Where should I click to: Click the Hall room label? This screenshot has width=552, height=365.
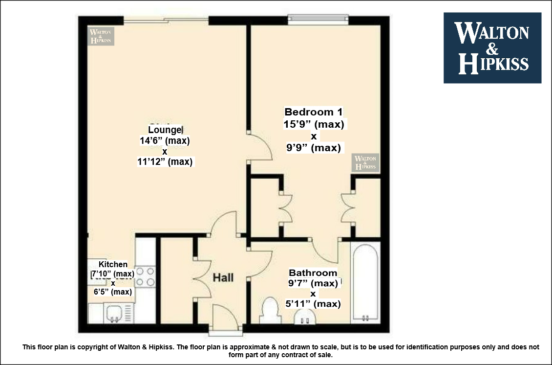click(x=223, y=277)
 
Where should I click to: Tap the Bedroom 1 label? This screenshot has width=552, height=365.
click(x=313, y=112)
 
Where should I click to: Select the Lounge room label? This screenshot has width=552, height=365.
click(x=165, y=130)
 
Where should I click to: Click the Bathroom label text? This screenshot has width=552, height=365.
click(x=313, y=273)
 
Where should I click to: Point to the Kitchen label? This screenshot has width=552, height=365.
click(x=113, y=264)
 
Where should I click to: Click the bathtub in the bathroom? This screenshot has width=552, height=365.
click(x=365, y=282)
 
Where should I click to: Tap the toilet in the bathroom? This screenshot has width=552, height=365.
click(x=270, y=310)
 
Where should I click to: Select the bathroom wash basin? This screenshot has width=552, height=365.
click(x=305, y=317)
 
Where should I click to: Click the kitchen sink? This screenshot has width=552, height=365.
click(x=114, y=313)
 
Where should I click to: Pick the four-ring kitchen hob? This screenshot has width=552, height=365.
click(x=146, y=277)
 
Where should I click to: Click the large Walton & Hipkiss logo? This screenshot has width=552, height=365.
click(x=492, y=48)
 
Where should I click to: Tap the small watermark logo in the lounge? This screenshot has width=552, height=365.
click(x=101, y=36)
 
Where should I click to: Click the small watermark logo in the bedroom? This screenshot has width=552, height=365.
click(x=365, y=162)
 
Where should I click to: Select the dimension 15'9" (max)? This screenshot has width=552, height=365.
click(x=314, y=124)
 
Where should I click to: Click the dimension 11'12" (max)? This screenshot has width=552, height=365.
click(x=165, y=162)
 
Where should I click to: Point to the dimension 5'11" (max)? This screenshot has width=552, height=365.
click(x=313, y=304)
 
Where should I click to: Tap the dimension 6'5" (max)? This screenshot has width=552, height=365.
click(x=113, y=292)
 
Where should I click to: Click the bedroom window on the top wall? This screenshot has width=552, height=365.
click(x=318, y=20)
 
